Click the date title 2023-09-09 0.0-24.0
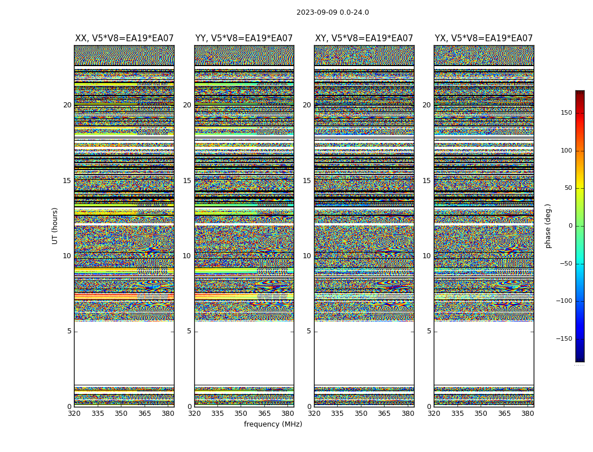point(333,12)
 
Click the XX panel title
point(124,38)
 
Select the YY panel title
point(244,38)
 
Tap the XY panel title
point(364,38)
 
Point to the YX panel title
point(483,38)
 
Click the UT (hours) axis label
point(55,225)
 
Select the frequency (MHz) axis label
point(273,424)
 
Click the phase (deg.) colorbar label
point(548,226)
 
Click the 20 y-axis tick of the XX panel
point(67,105)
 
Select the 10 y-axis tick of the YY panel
point(187,256)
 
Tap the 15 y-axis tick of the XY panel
point(307,181)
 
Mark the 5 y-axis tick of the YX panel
point(429,331)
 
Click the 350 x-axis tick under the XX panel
point(121,414)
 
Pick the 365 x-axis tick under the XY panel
point(384,414)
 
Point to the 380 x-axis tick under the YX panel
point(527,414)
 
